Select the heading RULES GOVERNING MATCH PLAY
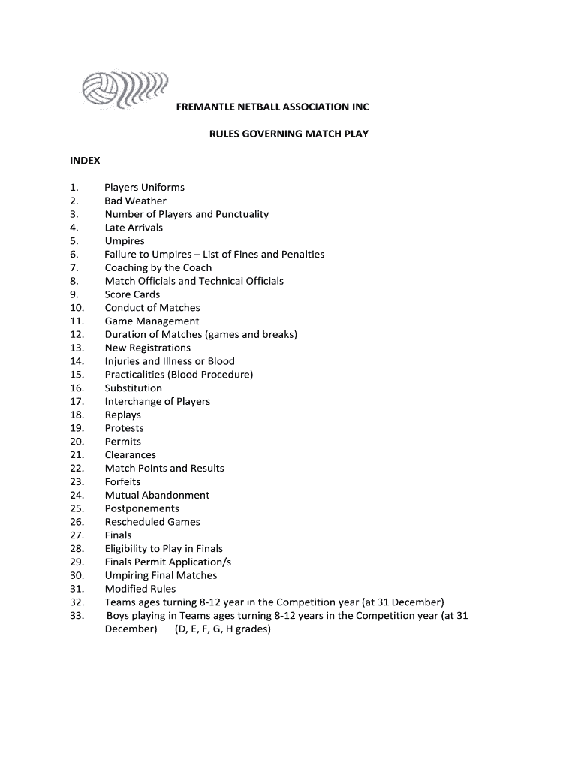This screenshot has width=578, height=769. [288, 134]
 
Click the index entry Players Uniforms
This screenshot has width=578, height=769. [144, 188]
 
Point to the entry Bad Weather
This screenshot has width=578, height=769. [135, 201]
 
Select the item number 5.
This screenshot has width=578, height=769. [74, 241]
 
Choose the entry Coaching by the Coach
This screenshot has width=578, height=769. [158, 268]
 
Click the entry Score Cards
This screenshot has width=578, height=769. [132, 294]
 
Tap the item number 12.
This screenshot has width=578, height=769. [77, 335]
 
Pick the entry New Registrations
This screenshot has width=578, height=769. [148, 348]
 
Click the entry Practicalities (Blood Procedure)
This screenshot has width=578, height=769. [179, 375]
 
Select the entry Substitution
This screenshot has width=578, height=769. [133, 388]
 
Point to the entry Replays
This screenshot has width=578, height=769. [122, 415]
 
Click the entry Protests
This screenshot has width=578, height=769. [124, 429]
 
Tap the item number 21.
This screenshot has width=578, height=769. [77, 455]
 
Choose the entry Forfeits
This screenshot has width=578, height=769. [122, 482]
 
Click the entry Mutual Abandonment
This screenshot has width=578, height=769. [157, 496]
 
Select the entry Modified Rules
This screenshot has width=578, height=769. [140, 590]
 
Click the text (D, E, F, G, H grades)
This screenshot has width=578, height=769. [223, 629]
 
